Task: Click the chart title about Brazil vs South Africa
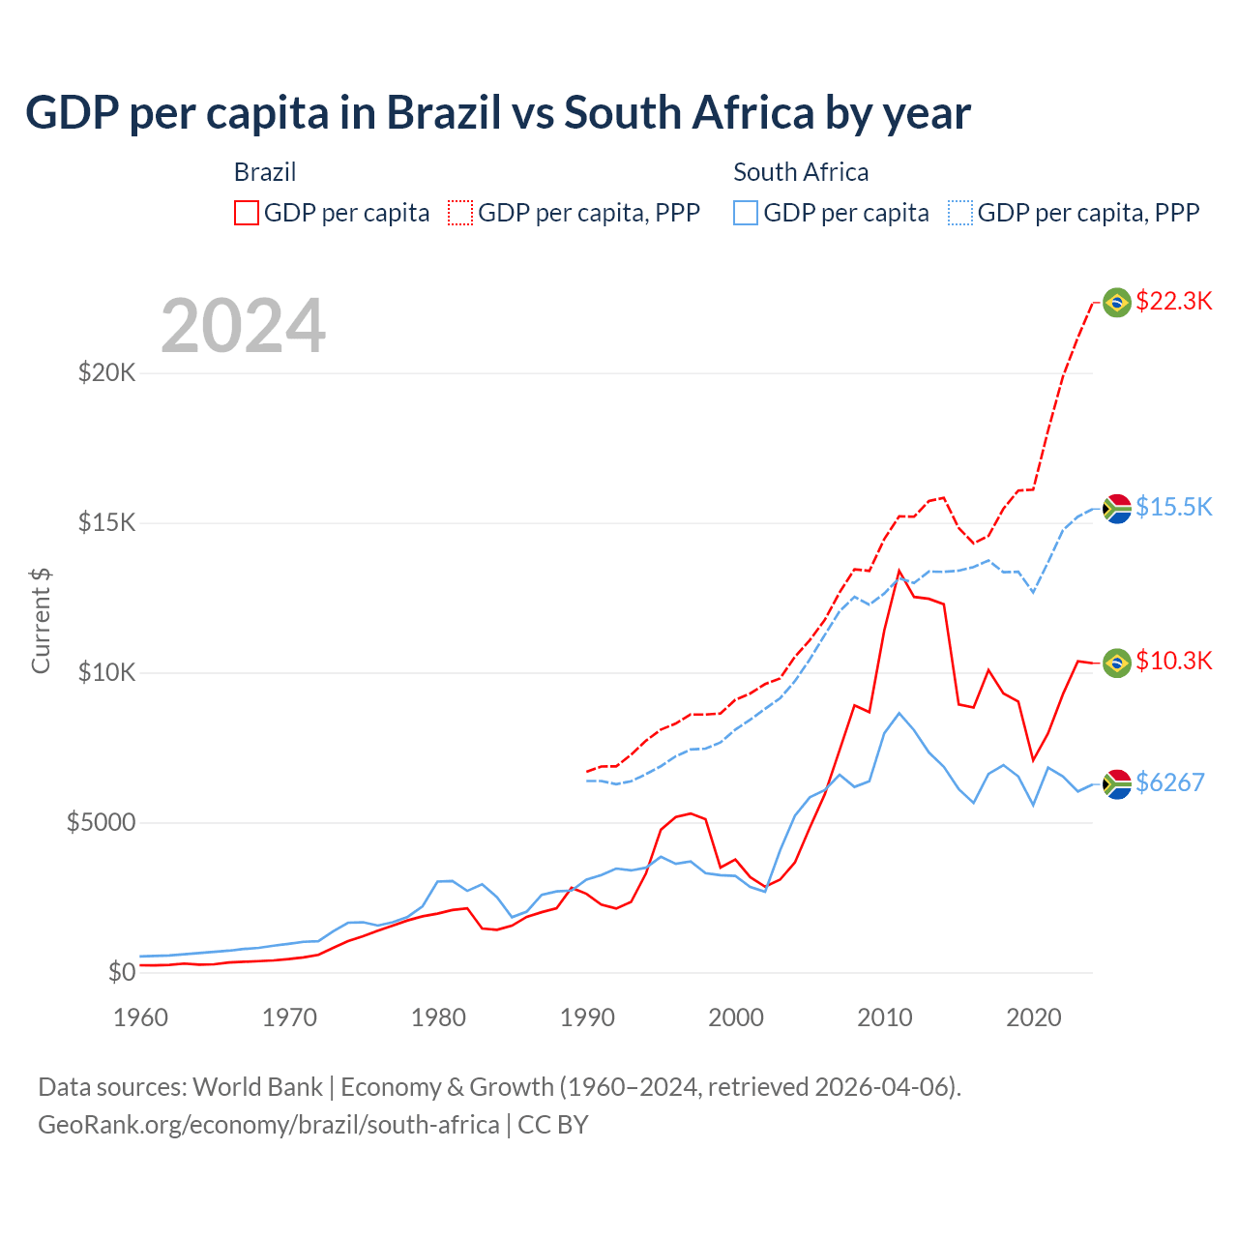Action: (497, 113)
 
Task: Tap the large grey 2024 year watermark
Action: (243, 326)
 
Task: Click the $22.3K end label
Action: (1173, 301)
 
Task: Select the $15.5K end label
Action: (1173, 507)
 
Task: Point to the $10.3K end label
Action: (1173, 661)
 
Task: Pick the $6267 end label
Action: (1169, 782)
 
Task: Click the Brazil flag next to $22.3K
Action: (1117, 303)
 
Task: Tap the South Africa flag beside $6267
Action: (1117, 783)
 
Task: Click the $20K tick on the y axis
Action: (106, 372)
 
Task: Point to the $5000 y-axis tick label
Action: (101, 822)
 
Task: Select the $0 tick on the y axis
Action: (121, 972)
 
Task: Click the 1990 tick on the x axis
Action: (587, 1017)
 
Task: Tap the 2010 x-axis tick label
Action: (885, 1017)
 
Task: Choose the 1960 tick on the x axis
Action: (141, 1017)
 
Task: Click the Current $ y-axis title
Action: (41, 621)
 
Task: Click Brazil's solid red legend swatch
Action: (247, 213)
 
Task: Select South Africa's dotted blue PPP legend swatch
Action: (960, 213)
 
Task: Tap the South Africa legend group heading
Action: (801, 172)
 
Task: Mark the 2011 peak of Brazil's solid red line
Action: (899, 571)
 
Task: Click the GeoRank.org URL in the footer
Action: (269, 1125)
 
